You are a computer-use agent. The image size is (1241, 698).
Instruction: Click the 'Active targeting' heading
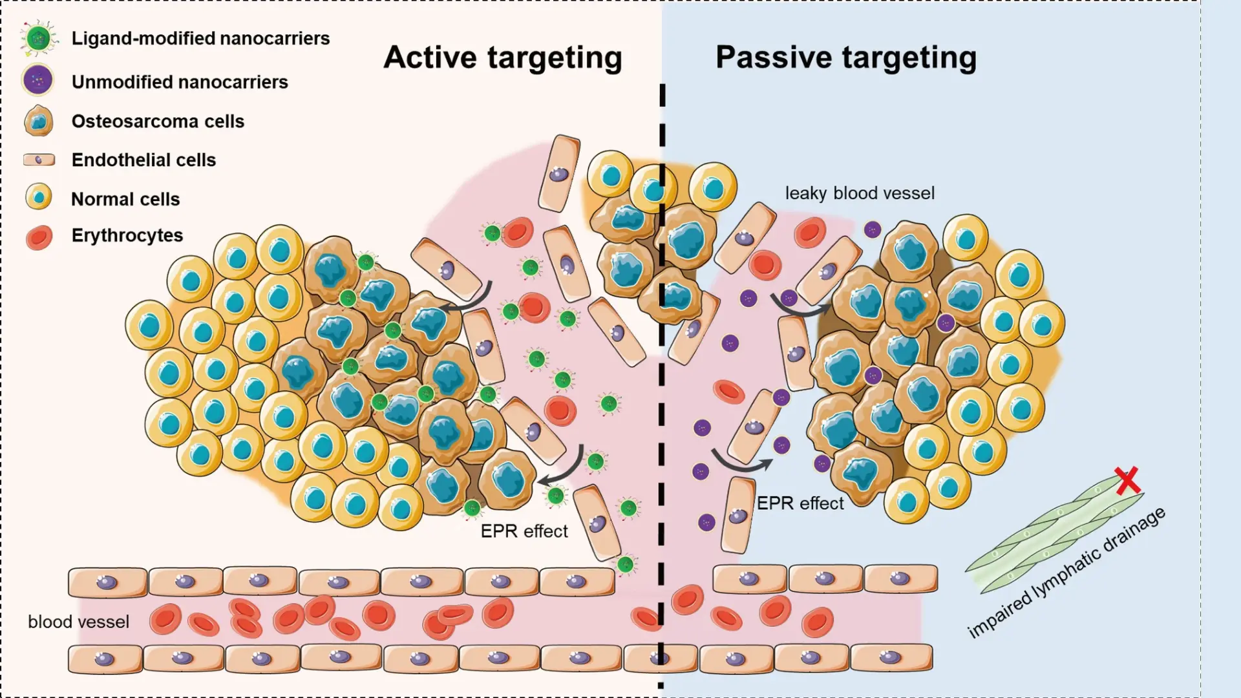click(502, 58)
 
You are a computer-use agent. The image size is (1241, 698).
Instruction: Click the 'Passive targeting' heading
click(845, 58)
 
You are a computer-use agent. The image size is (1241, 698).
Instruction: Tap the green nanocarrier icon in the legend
click(38, 38)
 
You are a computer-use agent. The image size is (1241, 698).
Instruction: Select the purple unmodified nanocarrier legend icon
click(37, 81)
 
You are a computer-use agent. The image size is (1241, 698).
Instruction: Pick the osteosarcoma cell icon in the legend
click(39, 121)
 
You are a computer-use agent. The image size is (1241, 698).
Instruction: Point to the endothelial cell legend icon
click(39, 160)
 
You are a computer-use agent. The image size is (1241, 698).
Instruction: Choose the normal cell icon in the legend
click(39, 196)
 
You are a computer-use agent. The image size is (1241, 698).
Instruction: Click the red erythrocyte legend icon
click(39, 237)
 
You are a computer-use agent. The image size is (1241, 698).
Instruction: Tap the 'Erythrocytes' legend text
click(127, 235)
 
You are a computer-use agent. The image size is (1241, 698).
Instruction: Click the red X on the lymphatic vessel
click(1128, 480)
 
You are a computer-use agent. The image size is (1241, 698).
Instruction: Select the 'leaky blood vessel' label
click(860, 193)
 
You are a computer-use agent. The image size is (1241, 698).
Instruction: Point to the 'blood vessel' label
click(78, 622)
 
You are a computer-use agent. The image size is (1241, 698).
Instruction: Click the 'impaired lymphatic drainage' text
click(1066, 573)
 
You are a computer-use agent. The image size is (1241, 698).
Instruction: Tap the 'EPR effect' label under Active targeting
click(524, 531)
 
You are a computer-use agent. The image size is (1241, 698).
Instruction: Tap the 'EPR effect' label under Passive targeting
click(800, 503)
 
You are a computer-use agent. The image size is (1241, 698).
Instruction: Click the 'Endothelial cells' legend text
click(143, 160)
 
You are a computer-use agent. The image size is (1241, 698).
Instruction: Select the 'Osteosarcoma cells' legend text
click(158, 122)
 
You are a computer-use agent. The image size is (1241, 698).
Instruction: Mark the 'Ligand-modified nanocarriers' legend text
click(200, 39)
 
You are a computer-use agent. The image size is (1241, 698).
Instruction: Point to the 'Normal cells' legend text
click(125, 199)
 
